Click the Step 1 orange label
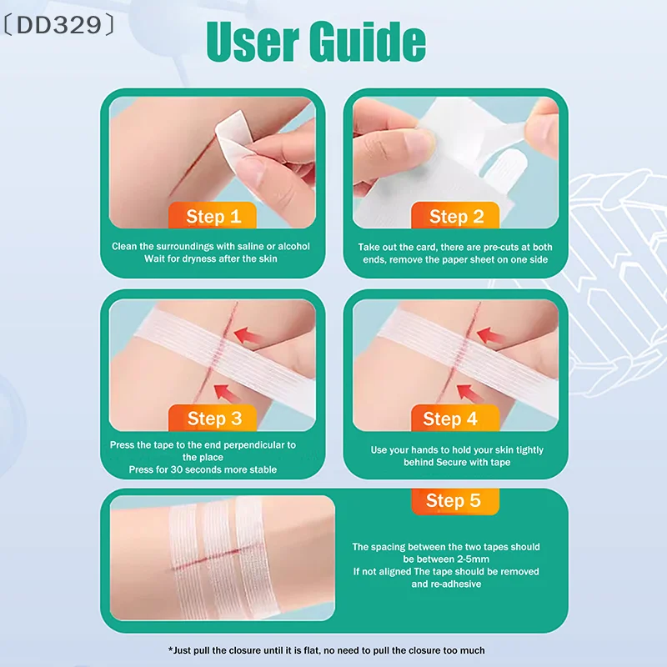coord(213,217)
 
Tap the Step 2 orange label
coord(456,217)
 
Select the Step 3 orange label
coord(213,419)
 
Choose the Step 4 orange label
coord(450,419)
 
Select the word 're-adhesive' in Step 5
coord(458,584)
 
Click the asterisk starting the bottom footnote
coord(171,650)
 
